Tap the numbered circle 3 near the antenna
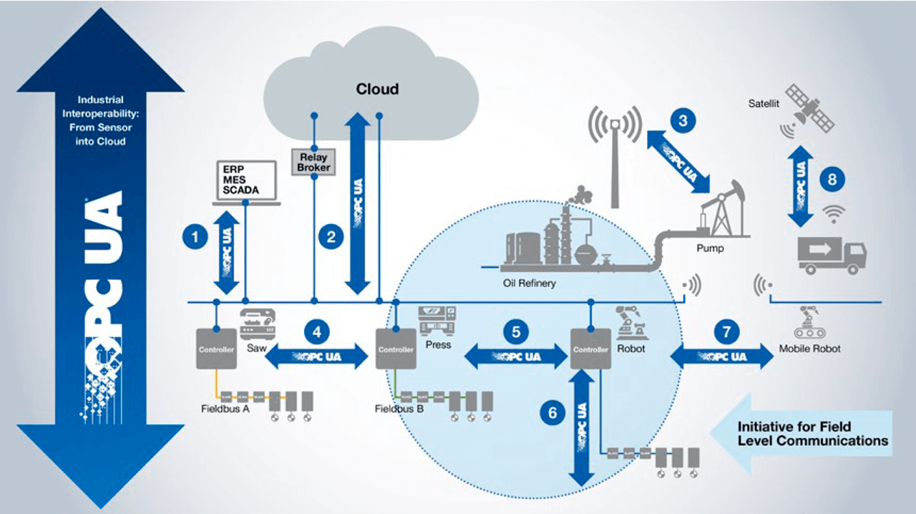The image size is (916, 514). [x=683, y=120]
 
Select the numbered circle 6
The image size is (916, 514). [x=551, y=412]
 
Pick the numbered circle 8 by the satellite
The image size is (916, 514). [x=832, y=180]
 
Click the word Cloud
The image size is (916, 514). [x=377, y=89]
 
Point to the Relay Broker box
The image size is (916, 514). [x=313, y=162]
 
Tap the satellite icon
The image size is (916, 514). [x=809, y=110]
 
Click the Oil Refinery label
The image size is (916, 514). [x=529, y=283]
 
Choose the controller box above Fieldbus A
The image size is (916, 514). [x=215, y=349]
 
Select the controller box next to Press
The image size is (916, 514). [x=396, y=349]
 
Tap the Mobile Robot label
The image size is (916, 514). [x=810, y=349]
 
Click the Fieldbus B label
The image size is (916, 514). [x=399, y=409]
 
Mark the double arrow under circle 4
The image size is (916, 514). [x=316, y=356]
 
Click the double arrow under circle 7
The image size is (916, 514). [x=721, y=356]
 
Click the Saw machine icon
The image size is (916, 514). [x=257, y=324]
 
